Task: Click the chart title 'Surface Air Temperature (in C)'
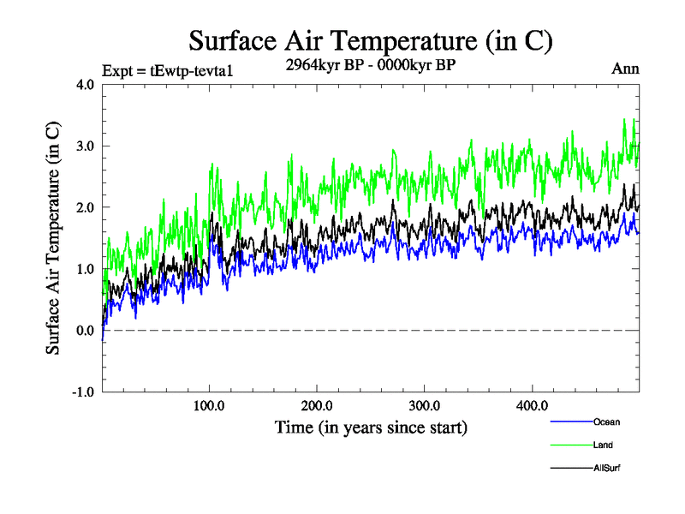(371, 41)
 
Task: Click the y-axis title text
(53, 238)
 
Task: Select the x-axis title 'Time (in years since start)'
(371, 427)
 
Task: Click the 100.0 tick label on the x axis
(210, 405)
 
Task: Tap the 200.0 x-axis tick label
(317, 405)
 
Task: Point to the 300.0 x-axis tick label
(425, 405)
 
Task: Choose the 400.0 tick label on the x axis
(532, 405)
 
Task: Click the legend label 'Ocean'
(606, 422)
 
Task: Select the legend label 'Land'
(603, 445)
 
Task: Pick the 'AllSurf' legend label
(607, 469)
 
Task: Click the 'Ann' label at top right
(625, 69)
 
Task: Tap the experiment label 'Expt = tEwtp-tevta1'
(167, 70)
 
